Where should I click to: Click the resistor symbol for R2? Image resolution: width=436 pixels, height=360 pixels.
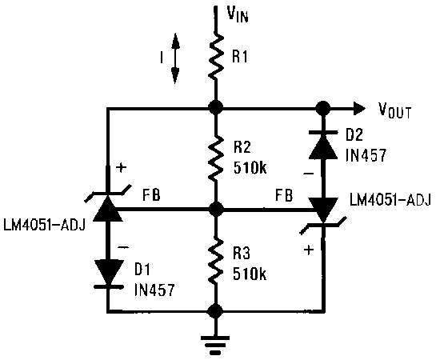click(215, 159)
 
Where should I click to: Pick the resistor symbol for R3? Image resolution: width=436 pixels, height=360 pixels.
click(215, 262)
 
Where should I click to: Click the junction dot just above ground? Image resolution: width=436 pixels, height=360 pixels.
click(215, 312)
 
